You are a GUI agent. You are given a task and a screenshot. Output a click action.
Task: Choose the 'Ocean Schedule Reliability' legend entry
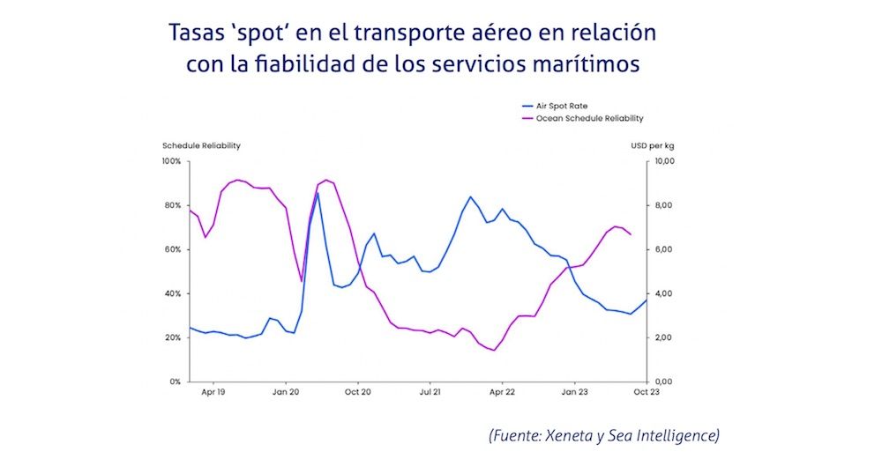[589, 118]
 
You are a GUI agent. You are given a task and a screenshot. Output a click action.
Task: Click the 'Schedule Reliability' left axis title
[201, 145]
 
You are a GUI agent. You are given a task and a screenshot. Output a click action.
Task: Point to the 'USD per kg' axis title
[654, 145]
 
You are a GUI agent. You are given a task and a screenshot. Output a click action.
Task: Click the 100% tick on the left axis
[171, 161]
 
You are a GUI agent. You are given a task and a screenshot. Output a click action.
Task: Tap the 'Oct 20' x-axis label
[357, 390]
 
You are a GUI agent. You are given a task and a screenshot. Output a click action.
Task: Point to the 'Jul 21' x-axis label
[430, 390]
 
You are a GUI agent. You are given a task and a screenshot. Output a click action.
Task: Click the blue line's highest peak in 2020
[317, 193]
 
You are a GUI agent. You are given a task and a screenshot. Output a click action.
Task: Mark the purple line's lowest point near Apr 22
[494, 350]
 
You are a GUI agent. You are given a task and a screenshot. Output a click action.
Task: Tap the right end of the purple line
[630, 234]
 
